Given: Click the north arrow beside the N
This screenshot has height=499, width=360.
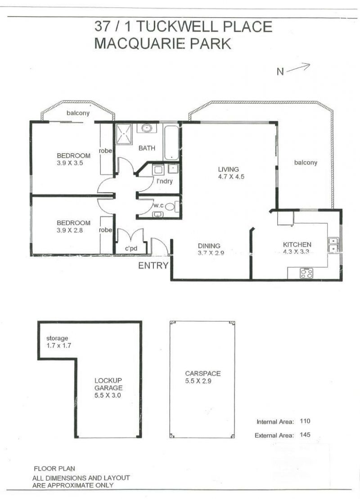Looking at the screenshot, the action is click(298, 68).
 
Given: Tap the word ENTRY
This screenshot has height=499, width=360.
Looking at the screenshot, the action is click(153, 265).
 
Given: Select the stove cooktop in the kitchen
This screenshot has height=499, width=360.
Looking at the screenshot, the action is click(306, 274).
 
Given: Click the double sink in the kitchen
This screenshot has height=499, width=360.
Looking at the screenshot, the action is click(333, 245).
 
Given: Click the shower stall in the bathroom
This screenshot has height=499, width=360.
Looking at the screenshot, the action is click(123, 134).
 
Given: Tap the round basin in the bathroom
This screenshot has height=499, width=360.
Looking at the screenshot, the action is click(146, 128).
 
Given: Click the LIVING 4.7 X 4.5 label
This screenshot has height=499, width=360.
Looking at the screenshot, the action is click(231, 173).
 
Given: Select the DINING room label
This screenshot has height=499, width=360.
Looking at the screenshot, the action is click(209, 246).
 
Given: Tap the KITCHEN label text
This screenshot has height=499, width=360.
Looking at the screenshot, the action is click(297, 244).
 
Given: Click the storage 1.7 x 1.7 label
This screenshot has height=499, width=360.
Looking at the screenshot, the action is click(58, 342).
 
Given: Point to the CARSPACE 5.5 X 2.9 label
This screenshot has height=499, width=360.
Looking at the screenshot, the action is click(203, 377).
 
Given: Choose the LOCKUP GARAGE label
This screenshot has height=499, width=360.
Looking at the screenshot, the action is click(108, 384).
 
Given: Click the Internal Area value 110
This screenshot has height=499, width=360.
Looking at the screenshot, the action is click(305, 421).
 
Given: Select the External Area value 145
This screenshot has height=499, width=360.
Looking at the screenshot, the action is click(305, 435).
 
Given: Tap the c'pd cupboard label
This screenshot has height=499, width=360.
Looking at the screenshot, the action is click(131, 248).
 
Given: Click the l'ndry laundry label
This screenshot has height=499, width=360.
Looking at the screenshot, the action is click(164, 181).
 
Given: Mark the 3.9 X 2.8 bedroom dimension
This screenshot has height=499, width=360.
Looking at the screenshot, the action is click(70, 230).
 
